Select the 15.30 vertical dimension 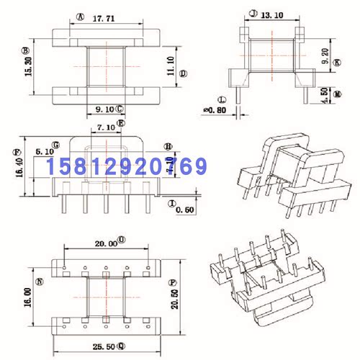26,68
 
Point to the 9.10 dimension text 104,109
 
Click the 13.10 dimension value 272,14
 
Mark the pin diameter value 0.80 216,110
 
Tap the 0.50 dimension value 186,210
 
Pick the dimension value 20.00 105,243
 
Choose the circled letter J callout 252,14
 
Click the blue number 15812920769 127,168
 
